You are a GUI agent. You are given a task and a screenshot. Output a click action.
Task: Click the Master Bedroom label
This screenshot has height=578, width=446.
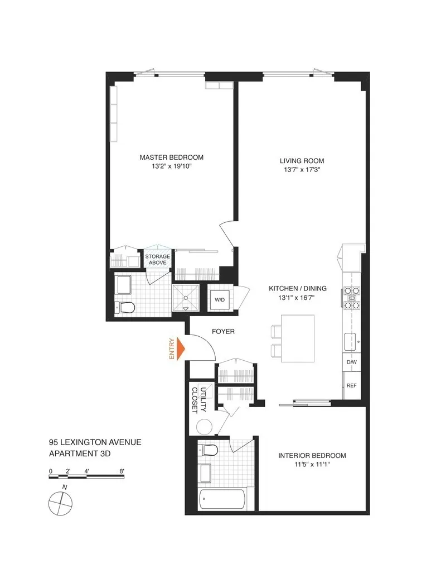pos(171,157)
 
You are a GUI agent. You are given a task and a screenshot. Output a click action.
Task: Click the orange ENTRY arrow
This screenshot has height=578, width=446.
pos(180,348)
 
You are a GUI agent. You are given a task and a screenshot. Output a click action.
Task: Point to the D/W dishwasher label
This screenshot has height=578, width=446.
pos(351,362)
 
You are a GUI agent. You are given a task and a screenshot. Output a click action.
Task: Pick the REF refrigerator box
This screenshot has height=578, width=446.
pos(351,386)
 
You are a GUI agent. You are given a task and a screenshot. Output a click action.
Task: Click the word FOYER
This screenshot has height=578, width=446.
pos(223,332)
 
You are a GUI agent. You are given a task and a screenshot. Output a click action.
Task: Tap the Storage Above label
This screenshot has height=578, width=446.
pos(158,259)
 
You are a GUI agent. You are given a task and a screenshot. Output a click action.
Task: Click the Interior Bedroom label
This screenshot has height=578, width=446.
pos(312,456)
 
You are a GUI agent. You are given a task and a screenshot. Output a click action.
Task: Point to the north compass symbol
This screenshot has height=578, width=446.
pos(60,504)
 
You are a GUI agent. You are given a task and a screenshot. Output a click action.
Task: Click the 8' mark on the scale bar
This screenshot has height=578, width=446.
pos(122,471)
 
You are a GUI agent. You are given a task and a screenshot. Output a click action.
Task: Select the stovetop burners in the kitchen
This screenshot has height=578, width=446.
pos(352,297)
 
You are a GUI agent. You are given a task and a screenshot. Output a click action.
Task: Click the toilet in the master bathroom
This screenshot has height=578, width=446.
pos(127,307)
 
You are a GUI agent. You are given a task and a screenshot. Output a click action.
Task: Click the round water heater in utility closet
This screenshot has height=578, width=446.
pos(205,426)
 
